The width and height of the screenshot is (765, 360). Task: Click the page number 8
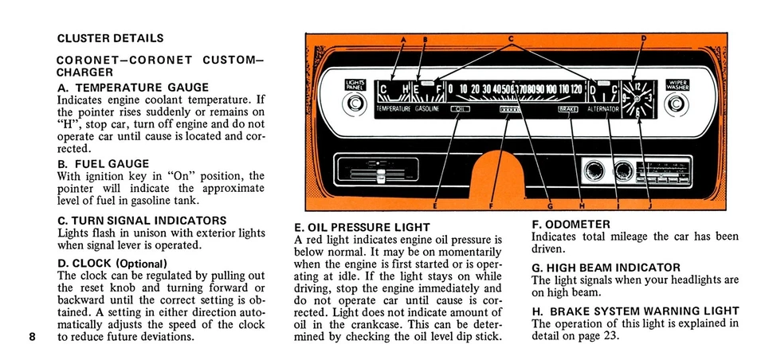[x=32, y=336]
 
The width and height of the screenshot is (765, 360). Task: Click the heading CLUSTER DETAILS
[x=111, y=38]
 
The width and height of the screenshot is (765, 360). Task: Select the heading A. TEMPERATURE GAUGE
[x=133, y=88]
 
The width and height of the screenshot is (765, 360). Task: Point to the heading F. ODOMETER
[x=571, y=225]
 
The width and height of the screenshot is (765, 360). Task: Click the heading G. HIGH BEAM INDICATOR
[x=606, y=268]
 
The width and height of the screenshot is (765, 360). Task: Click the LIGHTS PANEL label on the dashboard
[x=354, y=84]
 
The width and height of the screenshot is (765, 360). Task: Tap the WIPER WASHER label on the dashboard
[x=677, y=84]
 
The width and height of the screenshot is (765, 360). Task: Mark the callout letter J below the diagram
[x=649, y=206]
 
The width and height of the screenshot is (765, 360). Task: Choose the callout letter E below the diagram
[x=434, y=206]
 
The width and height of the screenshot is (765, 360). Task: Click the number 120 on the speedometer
[x=575, y=88]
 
